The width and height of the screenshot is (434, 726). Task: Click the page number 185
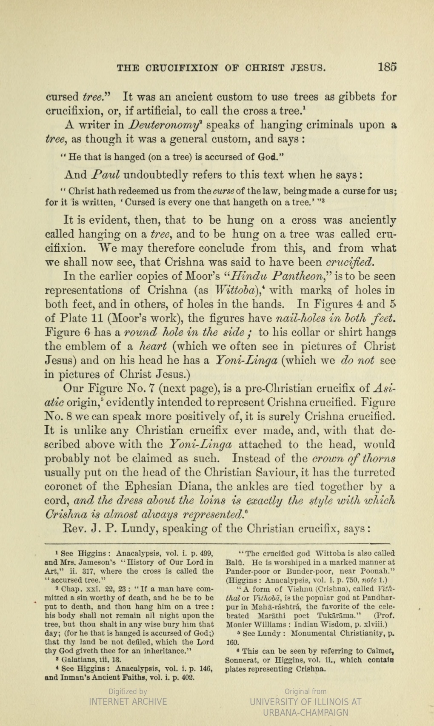387,67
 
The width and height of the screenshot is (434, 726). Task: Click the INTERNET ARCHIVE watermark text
128,702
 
